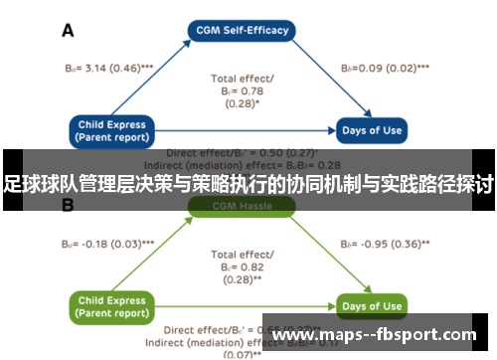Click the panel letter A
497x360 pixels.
click(x=69, y=31)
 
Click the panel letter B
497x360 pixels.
click(x=69, y=206)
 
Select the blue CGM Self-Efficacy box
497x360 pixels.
click(x=242, y=31)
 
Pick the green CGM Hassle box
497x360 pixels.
click(x=242, y=206)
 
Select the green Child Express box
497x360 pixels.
click(x=112, y=307)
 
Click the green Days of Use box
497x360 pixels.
click(x=373, y=306)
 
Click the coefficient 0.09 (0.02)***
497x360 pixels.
click(x=385, y=69)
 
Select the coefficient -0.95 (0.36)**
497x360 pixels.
click(x=385, y=243)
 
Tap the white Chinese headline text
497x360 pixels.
click(x=248, y=184)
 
